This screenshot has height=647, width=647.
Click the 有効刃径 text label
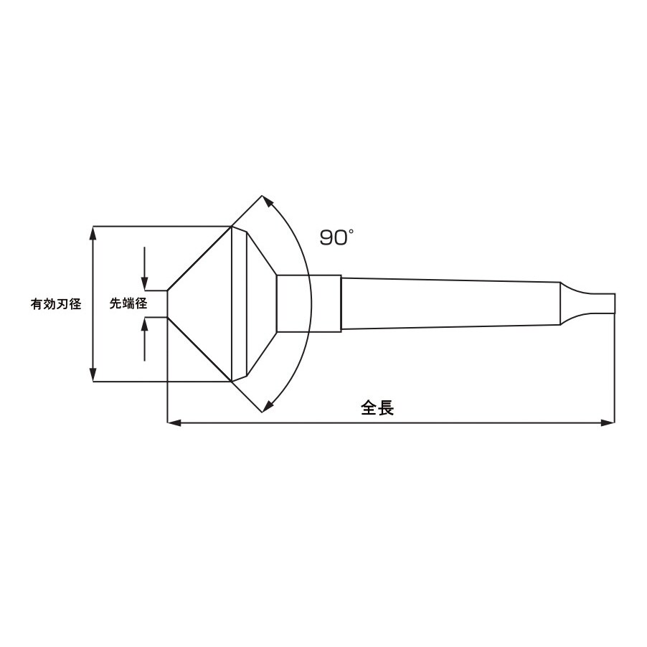coord(55,303)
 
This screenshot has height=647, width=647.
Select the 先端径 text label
coord(128,303)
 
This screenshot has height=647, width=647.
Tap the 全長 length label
coord(377,408)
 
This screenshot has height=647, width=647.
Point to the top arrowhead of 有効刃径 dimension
coord(93,233)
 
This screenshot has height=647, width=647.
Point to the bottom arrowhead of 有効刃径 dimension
coord(93,374)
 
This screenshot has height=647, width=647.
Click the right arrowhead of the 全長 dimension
coord(608,422)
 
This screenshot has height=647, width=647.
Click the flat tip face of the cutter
coord(167,303)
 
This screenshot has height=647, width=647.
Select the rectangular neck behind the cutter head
coord(308,303)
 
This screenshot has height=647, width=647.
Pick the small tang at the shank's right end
coord(595,303)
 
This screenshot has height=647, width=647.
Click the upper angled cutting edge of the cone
coord(199,258)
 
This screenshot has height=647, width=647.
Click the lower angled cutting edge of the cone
coord(199,349)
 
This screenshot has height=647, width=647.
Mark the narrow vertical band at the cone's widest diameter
coord(240,303)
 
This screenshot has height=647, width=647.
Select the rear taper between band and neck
coord(262,303)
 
